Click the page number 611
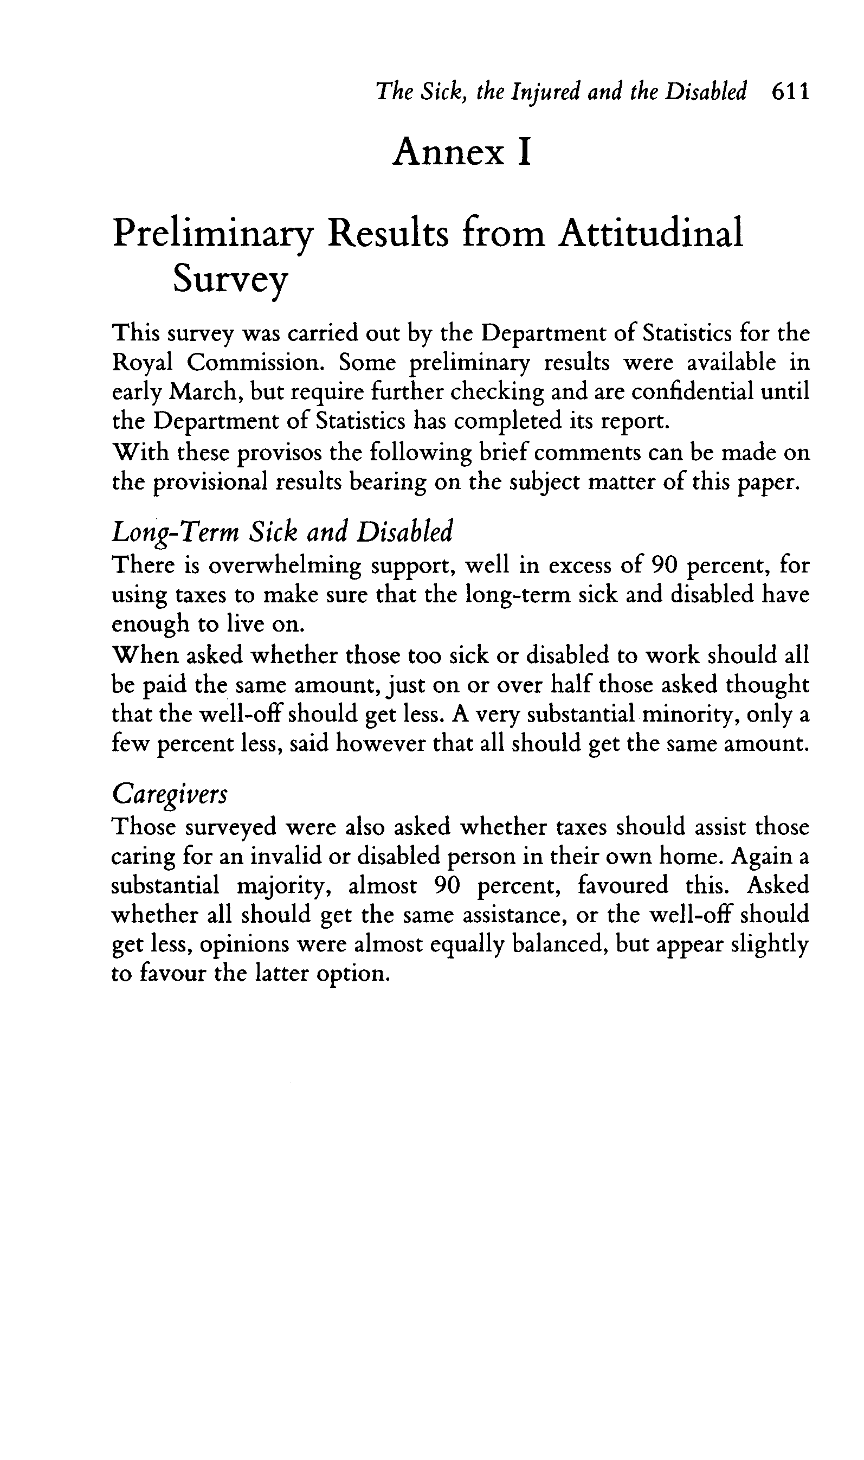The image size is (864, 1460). tap(790, 92)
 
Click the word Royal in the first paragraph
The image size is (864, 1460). tap(142, 363)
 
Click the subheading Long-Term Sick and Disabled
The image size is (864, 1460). tap(282, 532)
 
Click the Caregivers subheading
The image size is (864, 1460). tap(170, 794)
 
